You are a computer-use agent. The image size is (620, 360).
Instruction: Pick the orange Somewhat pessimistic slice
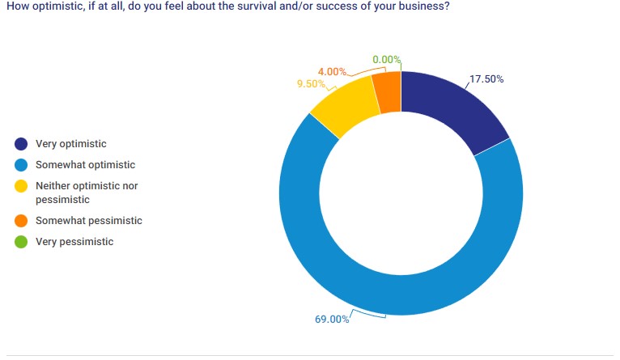click(388, 90)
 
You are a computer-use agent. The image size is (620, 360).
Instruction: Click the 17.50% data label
click(486, 79)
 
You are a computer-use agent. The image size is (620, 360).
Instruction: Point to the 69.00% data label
click(332, 319)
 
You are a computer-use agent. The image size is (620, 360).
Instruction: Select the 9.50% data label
click(311, 83)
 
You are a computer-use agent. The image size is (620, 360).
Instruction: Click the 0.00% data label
click(387, 59)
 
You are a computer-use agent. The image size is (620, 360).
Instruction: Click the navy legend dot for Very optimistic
click(21, 145)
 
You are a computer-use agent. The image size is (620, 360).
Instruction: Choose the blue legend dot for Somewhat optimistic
click(21, 165)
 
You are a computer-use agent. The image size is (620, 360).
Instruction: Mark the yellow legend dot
click(21, 186)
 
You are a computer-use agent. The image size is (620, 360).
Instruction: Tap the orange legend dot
click(21, 221)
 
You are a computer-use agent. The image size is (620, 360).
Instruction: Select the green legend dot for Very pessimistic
click(21, 242)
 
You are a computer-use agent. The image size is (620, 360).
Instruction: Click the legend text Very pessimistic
click(74, 242)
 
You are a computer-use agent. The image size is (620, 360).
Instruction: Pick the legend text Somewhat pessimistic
click(89, 221)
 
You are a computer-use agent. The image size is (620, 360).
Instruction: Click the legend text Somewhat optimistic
click(86, 165)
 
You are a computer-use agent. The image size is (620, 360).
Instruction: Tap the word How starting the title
click(16, 6)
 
